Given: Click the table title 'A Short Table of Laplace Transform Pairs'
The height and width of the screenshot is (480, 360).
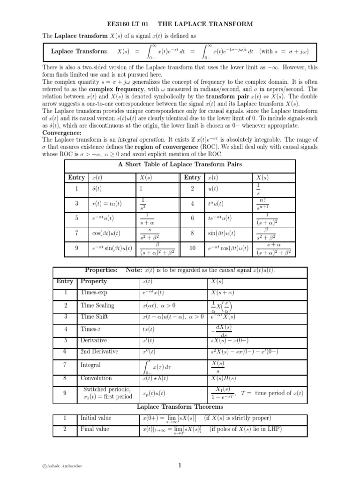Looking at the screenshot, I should pyautogui.click(x=180, y=164).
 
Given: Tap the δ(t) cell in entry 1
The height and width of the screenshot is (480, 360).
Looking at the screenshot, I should pyautogui.click(x=97, y=188).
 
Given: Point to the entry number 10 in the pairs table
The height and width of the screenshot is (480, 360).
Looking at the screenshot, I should pyautogui.click(x=192, y=248).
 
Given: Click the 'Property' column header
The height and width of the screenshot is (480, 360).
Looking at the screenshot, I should pyautogui.click(x=94, y=281).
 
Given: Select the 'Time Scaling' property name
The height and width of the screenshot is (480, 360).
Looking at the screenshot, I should pyautogui.click(x=97, y=306).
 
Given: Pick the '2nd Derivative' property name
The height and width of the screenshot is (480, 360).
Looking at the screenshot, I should pyautogui.click(x=99, y=351).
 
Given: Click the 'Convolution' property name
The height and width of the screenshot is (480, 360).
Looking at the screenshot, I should pyautogui.click(x=96, y=378).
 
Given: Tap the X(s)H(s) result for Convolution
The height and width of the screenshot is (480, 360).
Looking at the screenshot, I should pyautogui.click(x=225, y=378).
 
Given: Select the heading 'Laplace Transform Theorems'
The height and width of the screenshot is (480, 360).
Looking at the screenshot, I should pyautogui.click(x=180, y=406).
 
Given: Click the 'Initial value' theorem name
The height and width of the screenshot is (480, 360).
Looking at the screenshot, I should pyautogui.click(x=95, y=418).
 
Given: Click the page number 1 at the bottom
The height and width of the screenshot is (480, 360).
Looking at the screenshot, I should pyautogui.click(x=180, y=466).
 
